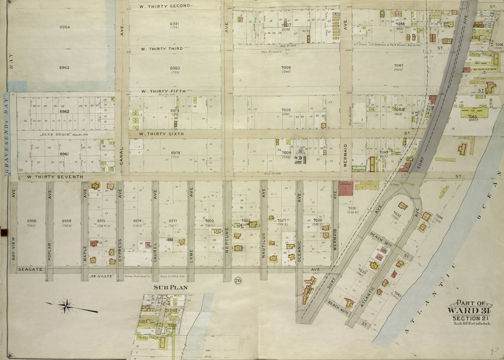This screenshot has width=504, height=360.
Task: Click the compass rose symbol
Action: coord(65,306)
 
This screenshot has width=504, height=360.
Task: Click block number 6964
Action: coord(65,27)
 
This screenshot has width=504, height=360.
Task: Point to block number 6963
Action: coord(64,67)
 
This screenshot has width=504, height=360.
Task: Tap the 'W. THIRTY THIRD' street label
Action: coord(162,49)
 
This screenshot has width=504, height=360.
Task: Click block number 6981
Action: coord(175,24)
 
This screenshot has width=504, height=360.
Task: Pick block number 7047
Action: coord(398,65)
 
